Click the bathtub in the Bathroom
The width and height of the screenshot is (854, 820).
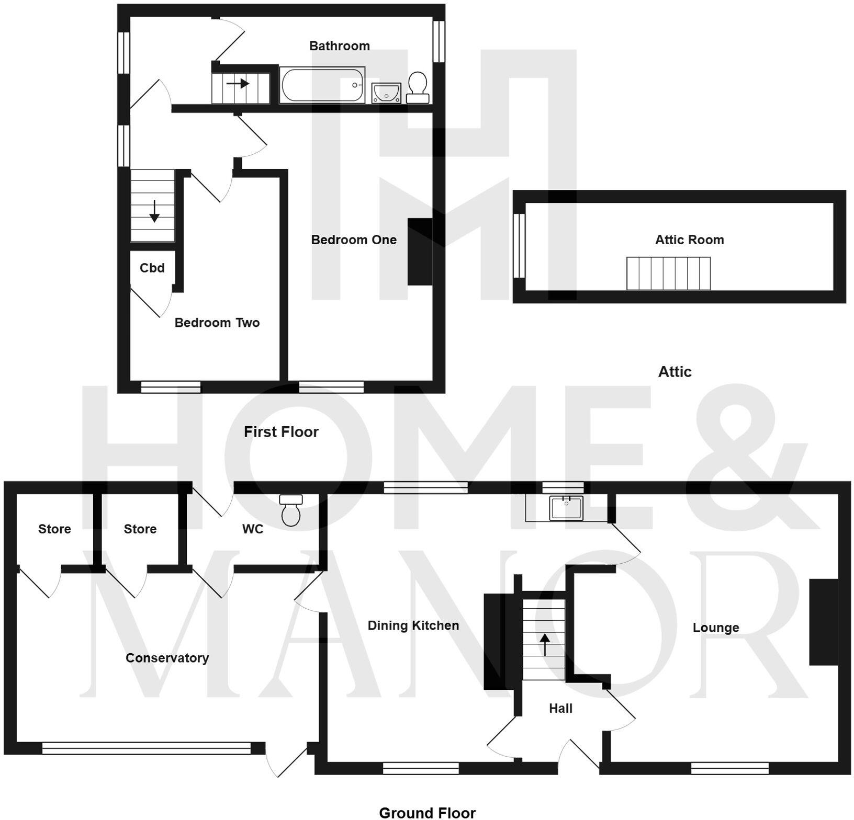(x=322, y=85)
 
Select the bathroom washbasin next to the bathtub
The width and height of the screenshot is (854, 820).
(x=386, y=93)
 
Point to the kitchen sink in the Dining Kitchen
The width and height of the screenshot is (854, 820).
(x=566, y=508)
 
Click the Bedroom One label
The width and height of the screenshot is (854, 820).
(x=354, y=240)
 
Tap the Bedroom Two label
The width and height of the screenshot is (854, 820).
(x=217, y=323)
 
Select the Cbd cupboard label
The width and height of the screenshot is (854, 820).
(x=152, y=268)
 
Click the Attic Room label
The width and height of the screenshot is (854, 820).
(x=689, y=240)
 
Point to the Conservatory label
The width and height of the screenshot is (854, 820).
(x=167, y=658)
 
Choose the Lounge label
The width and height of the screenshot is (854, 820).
(x=715, y=628)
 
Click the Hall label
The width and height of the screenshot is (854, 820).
(x=560, y=708)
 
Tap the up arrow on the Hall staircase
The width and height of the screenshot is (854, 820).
(x=545, y=644)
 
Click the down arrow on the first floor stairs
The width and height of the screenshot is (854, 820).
(x=154, y=211)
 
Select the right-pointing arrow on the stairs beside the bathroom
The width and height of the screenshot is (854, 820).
(x=238, y=83)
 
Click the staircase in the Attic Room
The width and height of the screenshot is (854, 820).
(x=668, y=273)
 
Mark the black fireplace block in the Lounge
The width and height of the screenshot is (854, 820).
(x=823, y=622)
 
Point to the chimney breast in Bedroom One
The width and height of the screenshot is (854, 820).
(x=420, y=252)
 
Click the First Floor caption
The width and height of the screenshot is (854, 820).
(x=281, y=432)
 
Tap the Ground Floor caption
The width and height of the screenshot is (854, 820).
(x=427, y=812)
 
